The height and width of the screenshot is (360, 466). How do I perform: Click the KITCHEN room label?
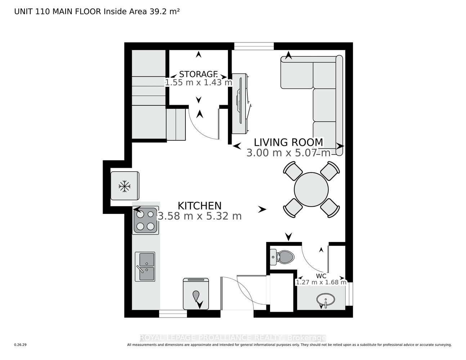(200, 206)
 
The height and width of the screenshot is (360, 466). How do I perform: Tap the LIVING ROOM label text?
(289, 142)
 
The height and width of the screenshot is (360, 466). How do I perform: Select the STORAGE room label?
(198, 75)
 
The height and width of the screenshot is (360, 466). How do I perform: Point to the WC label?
(321, 276)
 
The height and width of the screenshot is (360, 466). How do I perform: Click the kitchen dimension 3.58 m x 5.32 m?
(200, 216)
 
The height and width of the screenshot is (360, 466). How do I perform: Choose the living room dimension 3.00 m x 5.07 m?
(288, 153)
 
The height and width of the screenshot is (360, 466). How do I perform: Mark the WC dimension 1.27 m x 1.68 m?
(321, 282)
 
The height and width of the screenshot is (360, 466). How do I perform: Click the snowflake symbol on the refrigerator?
(125, 186)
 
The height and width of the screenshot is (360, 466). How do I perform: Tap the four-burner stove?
(145, 220)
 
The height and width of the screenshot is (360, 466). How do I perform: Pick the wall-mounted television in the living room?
(241, 103)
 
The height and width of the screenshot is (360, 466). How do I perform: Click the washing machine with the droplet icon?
(196, 294)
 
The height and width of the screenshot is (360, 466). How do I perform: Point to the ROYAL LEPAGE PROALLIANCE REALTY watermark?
(233, 338)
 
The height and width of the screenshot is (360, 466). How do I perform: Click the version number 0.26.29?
(20, 345)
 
